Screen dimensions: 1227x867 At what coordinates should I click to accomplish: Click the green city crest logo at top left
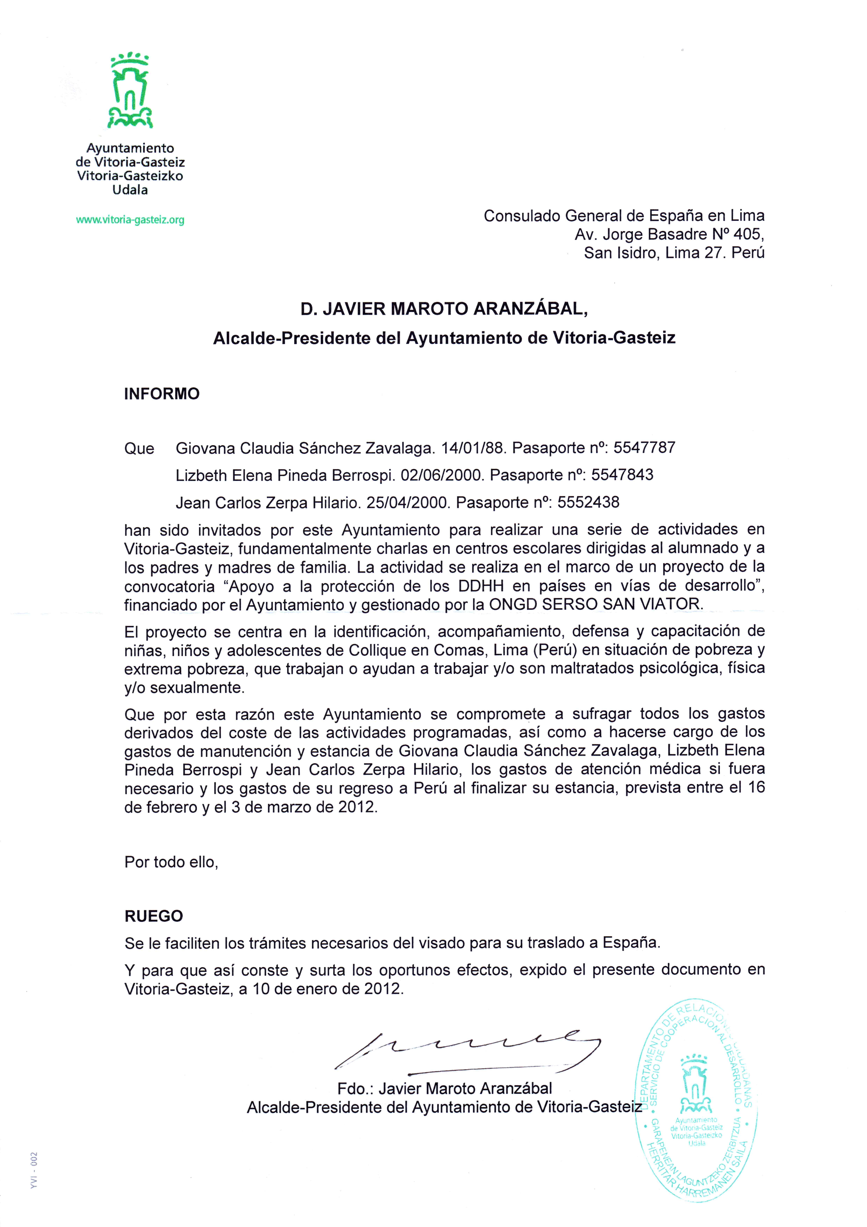tap(130, 91)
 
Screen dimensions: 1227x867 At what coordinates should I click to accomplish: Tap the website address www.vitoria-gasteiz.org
tap(130, 220)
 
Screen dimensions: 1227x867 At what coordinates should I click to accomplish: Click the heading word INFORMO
tap(162, 394)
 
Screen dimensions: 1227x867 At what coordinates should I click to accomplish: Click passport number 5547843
tap(622, 475)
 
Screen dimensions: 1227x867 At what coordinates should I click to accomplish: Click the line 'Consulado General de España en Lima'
tap(624, 216)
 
